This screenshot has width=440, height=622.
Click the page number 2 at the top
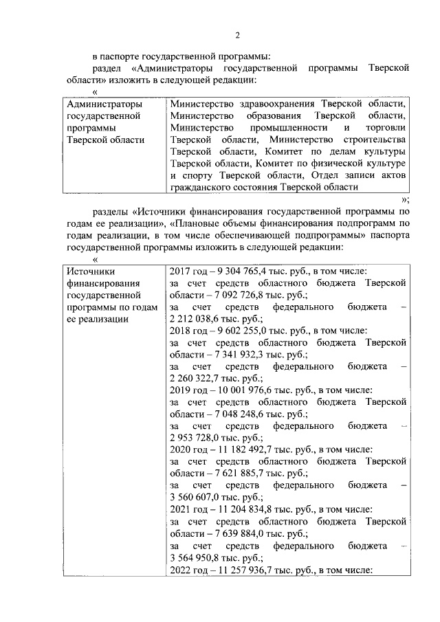236,36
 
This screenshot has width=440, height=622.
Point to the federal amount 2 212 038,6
197,320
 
